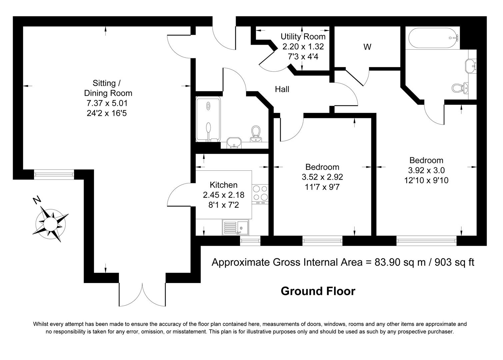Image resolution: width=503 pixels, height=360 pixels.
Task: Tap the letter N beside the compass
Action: pos(37,200)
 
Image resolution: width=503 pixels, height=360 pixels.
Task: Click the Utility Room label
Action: pos(303,36)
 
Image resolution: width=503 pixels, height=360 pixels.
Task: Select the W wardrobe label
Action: pos(367,47)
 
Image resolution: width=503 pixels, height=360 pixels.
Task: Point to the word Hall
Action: pos(282,89)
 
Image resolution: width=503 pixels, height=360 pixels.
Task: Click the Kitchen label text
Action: pos(223,185)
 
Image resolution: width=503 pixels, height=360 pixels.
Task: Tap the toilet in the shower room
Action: pos(256,133)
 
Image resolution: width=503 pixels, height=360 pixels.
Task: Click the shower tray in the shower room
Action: pos(208,119)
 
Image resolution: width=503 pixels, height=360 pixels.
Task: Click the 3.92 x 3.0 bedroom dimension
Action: pos(426,170)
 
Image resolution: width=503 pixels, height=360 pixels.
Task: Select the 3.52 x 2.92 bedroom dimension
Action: pos(322,177)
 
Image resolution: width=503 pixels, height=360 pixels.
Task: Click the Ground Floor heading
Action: pos(318,291)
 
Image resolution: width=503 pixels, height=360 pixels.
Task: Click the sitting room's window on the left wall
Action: pos(54,174)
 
